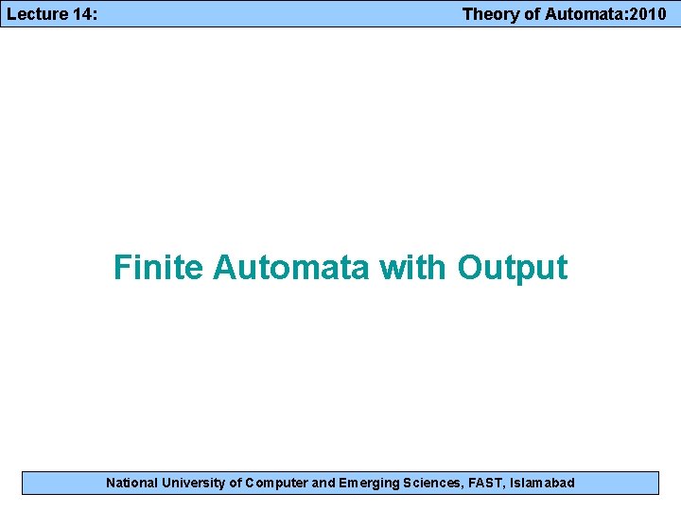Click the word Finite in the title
[x=157, y=268]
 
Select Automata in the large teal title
[x=291, y=268]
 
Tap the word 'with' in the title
[x=413, y=268]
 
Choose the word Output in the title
[x=513, y=268]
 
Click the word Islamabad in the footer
[x=543, y=483]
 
